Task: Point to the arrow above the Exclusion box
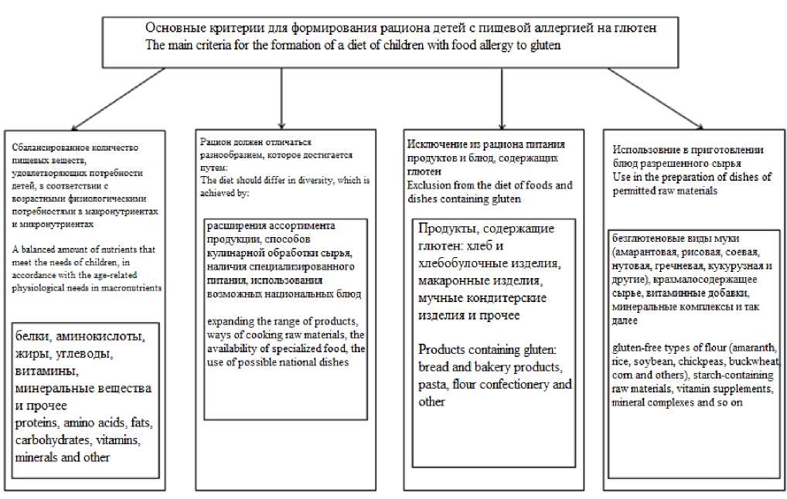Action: (503, 97)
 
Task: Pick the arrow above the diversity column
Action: (281, 97)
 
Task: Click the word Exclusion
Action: (429, 185)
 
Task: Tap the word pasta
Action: (432, 384)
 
